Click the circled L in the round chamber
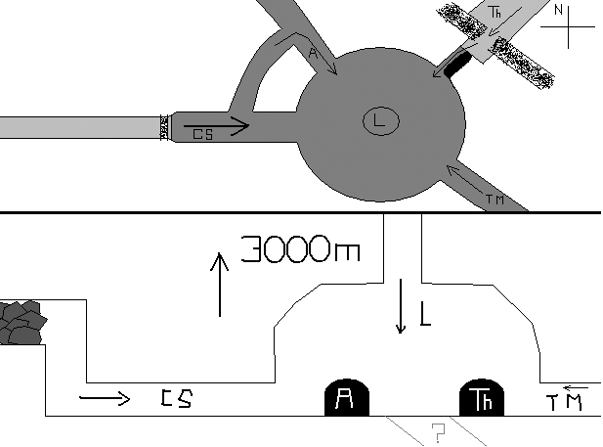pos(378,121)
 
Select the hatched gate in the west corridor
pos(163,127)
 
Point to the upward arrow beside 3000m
pos(220,284)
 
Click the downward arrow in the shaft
pos(400,305)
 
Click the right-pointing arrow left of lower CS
pos(104,397)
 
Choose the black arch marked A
pos(344,398)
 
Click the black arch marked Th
pos(481,398)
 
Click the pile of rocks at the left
pos(22,323)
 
